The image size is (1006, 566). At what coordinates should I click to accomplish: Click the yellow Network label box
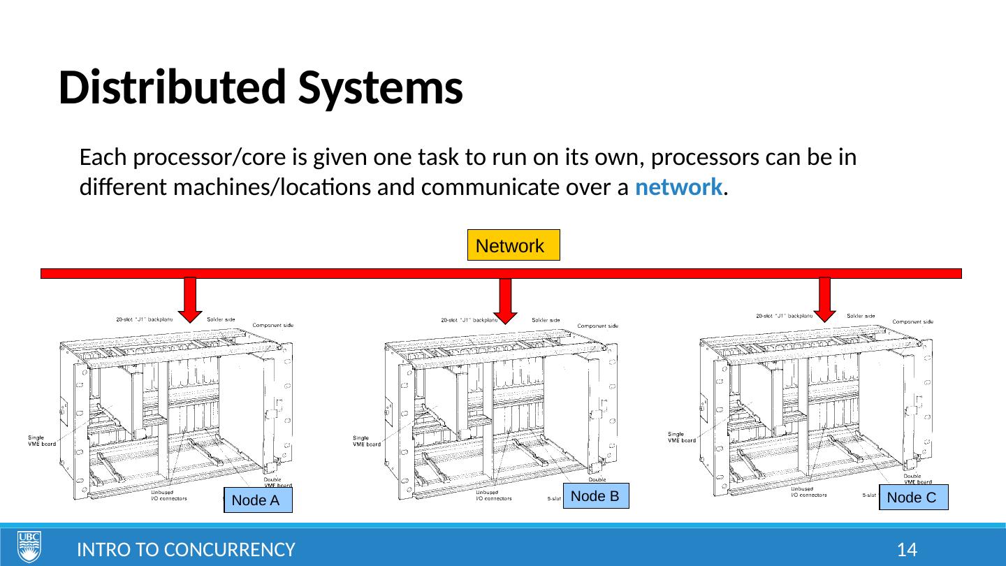click(513, 245)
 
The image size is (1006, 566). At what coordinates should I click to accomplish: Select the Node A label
click(258, 500)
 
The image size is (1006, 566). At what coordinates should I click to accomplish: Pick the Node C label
click(913, 498)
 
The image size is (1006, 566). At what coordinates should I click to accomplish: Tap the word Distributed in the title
click(168, 89)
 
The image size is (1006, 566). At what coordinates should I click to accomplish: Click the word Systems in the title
click(378, 89)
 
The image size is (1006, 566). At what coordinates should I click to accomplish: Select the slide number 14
click(907, 550)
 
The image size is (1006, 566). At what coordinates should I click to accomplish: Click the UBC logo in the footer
click(29, 546)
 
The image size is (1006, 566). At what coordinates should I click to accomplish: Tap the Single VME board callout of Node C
click(682, 437)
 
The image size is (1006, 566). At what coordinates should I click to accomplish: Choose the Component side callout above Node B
click(597, 326)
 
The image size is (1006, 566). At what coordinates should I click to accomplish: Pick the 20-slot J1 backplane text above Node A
click(145, 319)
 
